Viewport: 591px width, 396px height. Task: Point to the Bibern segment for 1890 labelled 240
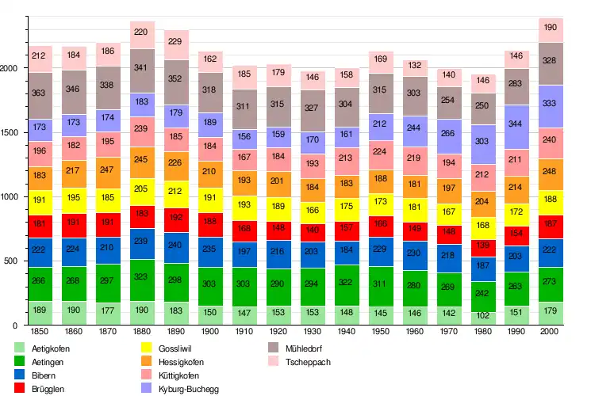[175, 246]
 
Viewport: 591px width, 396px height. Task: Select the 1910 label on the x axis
[244, 331]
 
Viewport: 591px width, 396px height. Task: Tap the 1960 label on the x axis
[414, 331]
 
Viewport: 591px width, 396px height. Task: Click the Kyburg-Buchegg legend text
[190, 390]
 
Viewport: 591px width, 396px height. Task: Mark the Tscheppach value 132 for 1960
[414, 65]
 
